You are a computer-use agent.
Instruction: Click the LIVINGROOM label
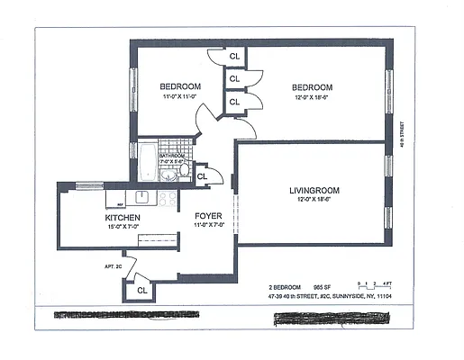(312, 190)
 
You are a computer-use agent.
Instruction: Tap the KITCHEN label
(122, 218)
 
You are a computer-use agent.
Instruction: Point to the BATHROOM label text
(171, 156)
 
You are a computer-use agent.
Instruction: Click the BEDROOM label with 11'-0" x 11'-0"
(180, 86)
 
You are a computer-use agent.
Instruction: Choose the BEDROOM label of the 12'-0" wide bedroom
(312, 87)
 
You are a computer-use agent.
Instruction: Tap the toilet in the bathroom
(185, 169)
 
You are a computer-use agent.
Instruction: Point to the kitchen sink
(142, 196)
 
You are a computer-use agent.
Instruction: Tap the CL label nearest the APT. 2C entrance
(142, 291)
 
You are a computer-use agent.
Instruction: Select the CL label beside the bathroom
(202, 176)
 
